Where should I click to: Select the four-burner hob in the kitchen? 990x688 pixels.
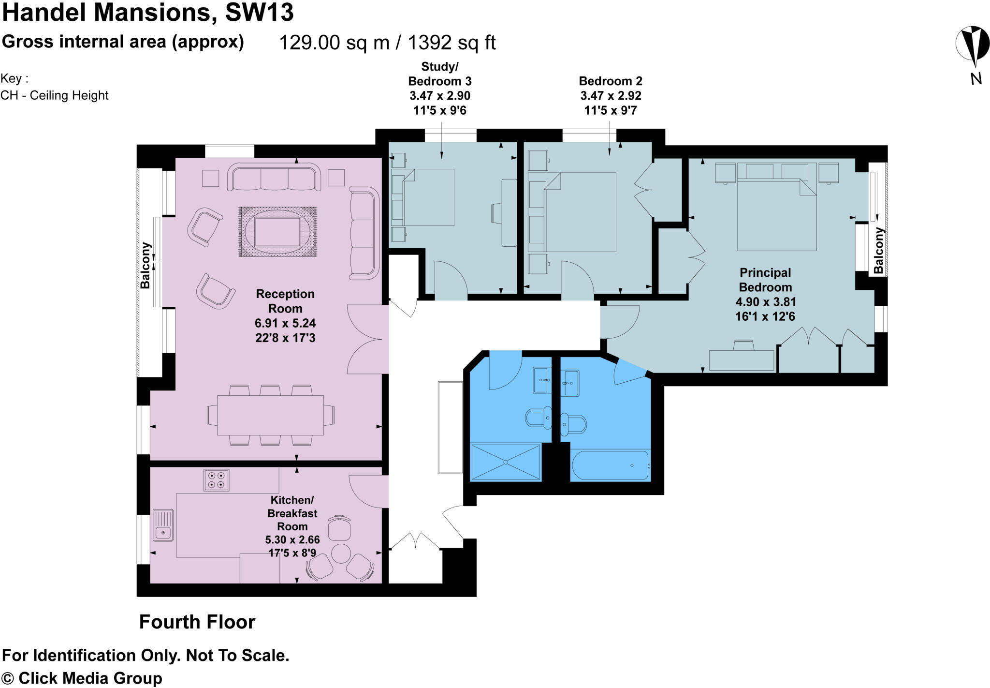pyautogui.click(x=216, y=480)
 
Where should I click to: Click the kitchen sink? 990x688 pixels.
pyautogui.click(x=163, y=525)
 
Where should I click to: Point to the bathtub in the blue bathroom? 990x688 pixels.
pyautogui.click(x=610, y=465)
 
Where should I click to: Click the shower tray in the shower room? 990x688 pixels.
pyautogui.click(x=505, y=462)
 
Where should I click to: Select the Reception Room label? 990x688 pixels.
pyautogui.click(x=285, y=301)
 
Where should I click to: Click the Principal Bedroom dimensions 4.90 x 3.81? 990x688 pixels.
pyautogui.click(x=765, y=302)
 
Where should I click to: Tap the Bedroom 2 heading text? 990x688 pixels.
pyautogui.click(x=611, y=81)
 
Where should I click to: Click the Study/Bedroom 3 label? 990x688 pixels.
pyautogui.click(x=439, y=74)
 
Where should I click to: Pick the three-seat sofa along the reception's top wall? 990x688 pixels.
pyautogui.click(x=274, y=178)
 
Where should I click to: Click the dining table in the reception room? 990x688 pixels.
pyautogui.click(x=270, y=415)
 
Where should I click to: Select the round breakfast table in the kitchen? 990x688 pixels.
pyautogui.click(x=341, y=553)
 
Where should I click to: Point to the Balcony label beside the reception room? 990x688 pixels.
pyautogui.click(x=145, y=266)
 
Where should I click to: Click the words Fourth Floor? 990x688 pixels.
pyautogui.click(x=197, y=622)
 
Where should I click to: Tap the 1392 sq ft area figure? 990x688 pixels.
pyautogui.click(x=451, y=43)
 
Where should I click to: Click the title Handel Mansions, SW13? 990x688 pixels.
pyautogui.click(x=147, y=13)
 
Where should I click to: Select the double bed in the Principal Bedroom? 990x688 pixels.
pyautogui.click(x=776, y=214)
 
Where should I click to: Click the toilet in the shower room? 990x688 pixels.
pyautogui.click(x=539, y=417)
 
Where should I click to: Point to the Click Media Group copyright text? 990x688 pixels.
pyautogui.click(x=82, y=678)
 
